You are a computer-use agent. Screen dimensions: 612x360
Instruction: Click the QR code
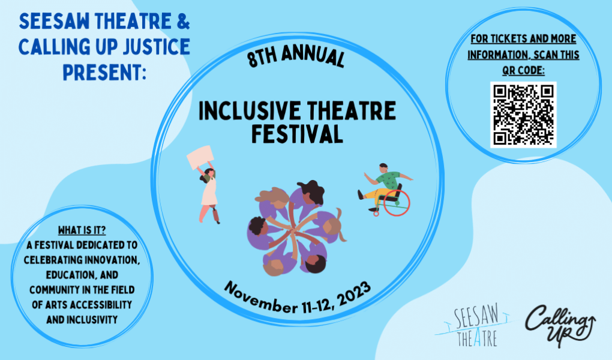tap(523, 115)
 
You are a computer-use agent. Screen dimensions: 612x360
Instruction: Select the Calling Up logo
tap(560, 325)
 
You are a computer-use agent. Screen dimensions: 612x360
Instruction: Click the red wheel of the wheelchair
tap(397, 203)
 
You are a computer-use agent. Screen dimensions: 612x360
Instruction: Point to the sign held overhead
tap(200, 157)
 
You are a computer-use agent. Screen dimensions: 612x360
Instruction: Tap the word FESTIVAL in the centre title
tap(297, 134)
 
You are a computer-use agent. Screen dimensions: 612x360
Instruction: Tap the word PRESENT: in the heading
tap(104, 72)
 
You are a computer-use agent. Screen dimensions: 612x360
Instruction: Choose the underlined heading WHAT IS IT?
tap(82, 230)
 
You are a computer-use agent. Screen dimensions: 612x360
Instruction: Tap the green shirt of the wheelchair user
tap(388, 180)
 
